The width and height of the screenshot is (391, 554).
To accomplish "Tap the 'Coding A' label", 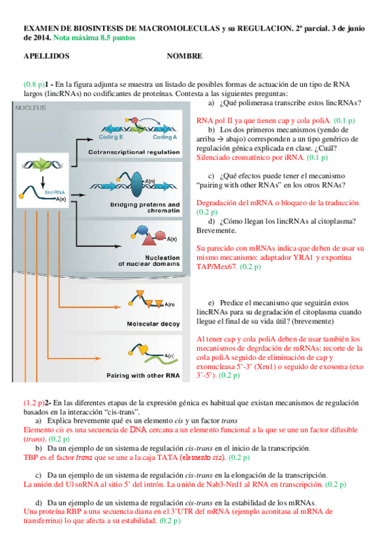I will click(165, 137).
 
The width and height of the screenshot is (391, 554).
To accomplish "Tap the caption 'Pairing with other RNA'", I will click(143, 376).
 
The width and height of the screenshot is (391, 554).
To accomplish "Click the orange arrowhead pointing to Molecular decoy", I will click(120, 304).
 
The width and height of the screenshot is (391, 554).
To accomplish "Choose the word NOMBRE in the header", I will click(185, 57).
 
